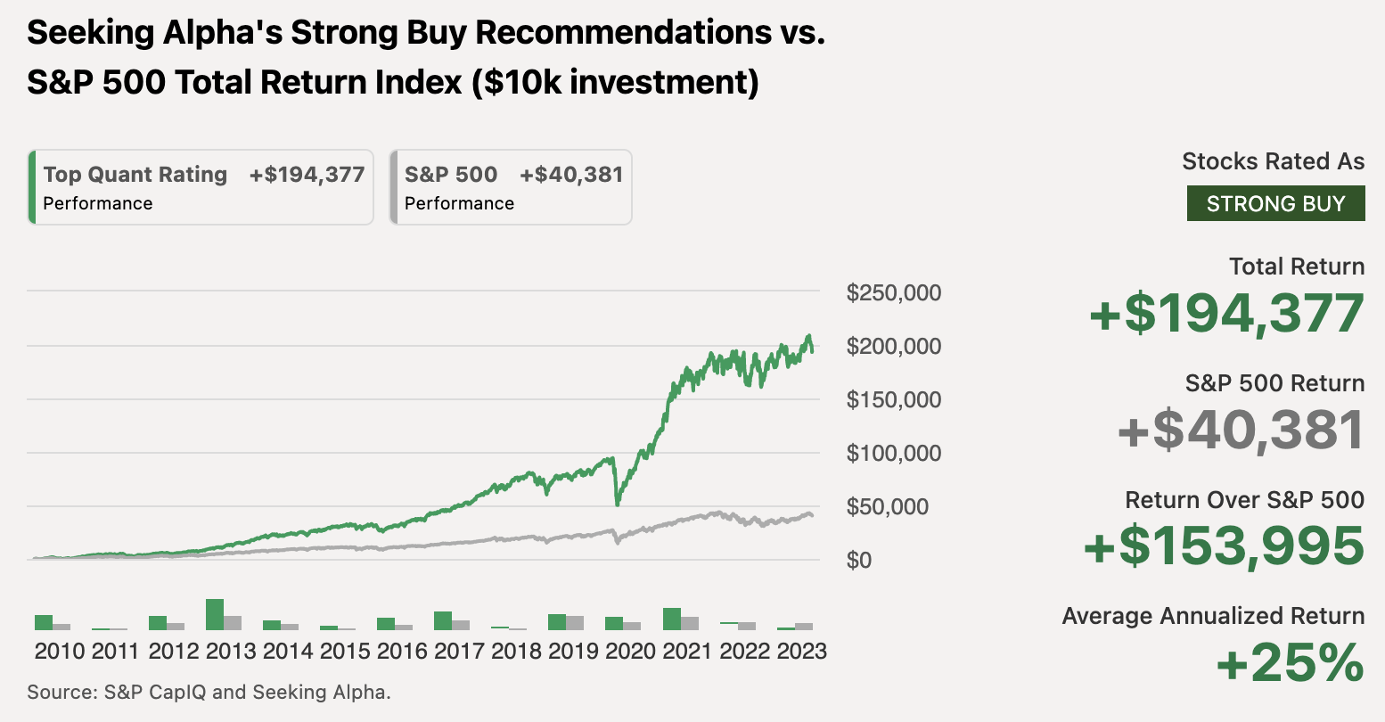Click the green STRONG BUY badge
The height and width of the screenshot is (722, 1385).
point(1275,203)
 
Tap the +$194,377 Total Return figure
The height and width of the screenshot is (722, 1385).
point(1226,314)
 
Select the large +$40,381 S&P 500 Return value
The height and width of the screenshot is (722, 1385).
point(1240,430)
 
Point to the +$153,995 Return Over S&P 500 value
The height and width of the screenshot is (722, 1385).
point(1224,546)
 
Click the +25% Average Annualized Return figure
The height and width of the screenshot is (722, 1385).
point(1290,663)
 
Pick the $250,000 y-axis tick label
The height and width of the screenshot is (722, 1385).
point(893,292)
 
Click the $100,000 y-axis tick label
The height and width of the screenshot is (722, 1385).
point(893,453)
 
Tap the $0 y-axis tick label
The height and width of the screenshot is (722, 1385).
point(859,560)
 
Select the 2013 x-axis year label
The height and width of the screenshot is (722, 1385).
point(231,651)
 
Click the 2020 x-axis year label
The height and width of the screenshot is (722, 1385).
point(630,651)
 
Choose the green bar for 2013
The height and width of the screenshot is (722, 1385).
point(215,614)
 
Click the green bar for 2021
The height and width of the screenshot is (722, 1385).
point(672,619)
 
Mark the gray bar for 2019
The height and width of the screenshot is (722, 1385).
point(575,622)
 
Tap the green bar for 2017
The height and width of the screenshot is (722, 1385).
point(443,620)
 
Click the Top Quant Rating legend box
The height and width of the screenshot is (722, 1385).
point(201,187)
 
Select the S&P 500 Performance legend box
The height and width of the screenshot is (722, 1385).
point(512,187)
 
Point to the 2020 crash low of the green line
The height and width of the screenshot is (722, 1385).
point(617,504)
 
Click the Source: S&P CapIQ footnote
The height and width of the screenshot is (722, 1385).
point(209,692)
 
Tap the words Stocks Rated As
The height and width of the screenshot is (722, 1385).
point(1273,161)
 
